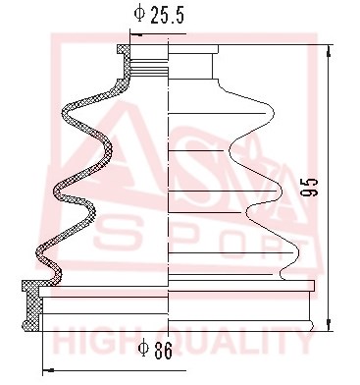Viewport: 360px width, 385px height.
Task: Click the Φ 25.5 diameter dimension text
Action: [x=159, y=15]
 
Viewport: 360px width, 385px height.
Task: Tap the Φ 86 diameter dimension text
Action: [x=155, y=351]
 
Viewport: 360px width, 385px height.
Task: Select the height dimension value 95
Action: [x=309, y=188]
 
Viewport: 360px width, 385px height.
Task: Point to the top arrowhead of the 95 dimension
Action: [x=330, y=51]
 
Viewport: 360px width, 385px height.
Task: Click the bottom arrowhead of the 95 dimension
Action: [x=330, y=324]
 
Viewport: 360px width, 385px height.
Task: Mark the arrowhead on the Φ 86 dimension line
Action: [x=49, y=370]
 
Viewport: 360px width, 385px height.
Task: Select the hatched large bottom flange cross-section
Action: [x=31, y=305]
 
